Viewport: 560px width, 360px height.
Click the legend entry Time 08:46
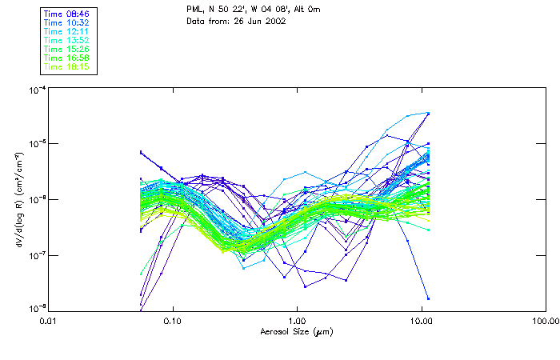[66, 14]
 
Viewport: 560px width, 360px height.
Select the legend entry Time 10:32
[66, 23]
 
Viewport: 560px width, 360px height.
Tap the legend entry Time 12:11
[66, 31]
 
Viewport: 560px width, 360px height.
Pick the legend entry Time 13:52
[66, 40]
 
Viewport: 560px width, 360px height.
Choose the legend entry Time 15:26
[66, 49]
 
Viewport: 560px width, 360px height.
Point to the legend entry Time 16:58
[66, 58]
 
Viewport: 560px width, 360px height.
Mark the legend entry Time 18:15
[66, 66]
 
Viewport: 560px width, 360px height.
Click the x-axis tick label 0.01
[49, 321]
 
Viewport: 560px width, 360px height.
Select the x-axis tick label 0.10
[173, 321]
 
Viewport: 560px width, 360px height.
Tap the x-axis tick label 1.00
[297, 321]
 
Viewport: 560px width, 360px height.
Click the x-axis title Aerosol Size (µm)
[297, 331]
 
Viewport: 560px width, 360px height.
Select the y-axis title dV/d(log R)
[17, 200]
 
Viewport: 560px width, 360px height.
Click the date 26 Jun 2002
[259, 21]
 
